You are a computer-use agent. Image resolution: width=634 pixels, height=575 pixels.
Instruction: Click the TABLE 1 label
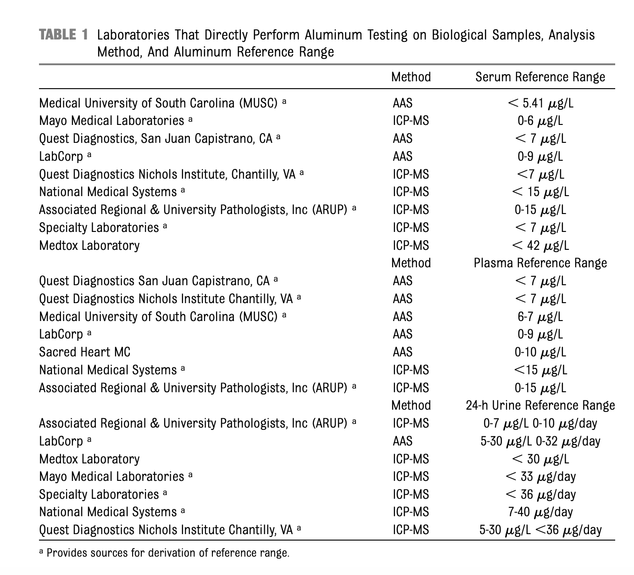pyautogui.click(x=63, y=35)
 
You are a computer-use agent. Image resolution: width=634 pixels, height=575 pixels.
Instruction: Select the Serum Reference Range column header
pyautogui.click(x=540, y=77)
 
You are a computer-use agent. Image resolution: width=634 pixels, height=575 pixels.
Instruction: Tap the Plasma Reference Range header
pyautogui.click(x=540, y=263)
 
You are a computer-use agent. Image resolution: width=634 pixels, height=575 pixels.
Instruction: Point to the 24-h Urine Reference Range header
pyautogui.click(x=540, y=406)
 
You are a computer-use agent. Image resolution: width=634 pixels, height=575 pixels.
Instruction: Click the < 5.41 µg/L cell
pyautogui.click(x=540, y=103)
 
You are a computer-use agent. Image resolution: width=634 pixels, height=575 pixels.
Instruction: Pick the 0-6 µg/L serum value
pyautogui.click(x=540, y=121)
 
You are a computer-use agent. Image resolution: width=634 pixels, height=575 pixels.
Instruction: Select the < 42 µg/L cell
pyautogui.click(x=540, y=245)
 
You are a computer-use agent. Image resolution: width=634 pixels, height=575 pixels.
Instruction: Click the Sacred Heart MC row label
pyautogui.click(x=85, y=352)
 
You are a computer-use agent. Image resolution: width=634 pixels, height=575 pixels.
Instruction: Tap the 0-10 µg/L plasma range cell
pyautogui.click(x=540, y=352)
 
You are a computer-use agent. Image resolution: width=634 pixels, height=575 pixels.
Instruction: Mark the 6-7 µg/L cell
pyautogui.click(x=540, y=317)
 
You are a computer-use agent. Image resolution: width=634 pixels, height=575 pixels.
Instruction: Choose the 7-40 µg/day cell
pyautogui.click(x=540, y=512)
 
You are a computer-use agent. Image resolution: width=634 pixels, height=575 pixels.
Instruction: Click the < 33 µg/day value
pyautogui.click(x=540, y=477)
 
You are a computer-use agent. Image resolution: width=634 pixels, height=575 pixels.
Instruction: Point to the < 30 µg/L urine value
pyautogui.click(x=540, y=459)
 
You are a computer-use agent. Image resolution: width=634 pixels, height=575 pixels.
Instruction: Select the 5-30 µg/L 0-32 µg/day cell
pyautogui.click(x=540, y=441)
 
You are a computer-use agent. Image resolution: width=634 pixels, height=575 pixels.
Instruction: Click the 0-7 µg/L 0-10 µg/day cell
pyautogui.click(x=540, y=423)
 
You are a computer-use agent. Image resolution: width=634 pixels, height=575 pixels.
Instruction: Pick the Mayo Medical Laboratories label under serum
pyautogui.click(x=111, y=121)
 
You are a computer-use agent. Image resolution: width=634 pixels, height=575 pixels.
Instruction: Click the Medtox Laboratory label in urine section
pyautogui.click(x=89, y=459)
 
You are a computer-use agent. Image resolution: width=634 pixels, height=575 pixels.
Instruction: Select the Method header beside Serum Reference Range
pyautogui.click(x=411, y=77)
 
